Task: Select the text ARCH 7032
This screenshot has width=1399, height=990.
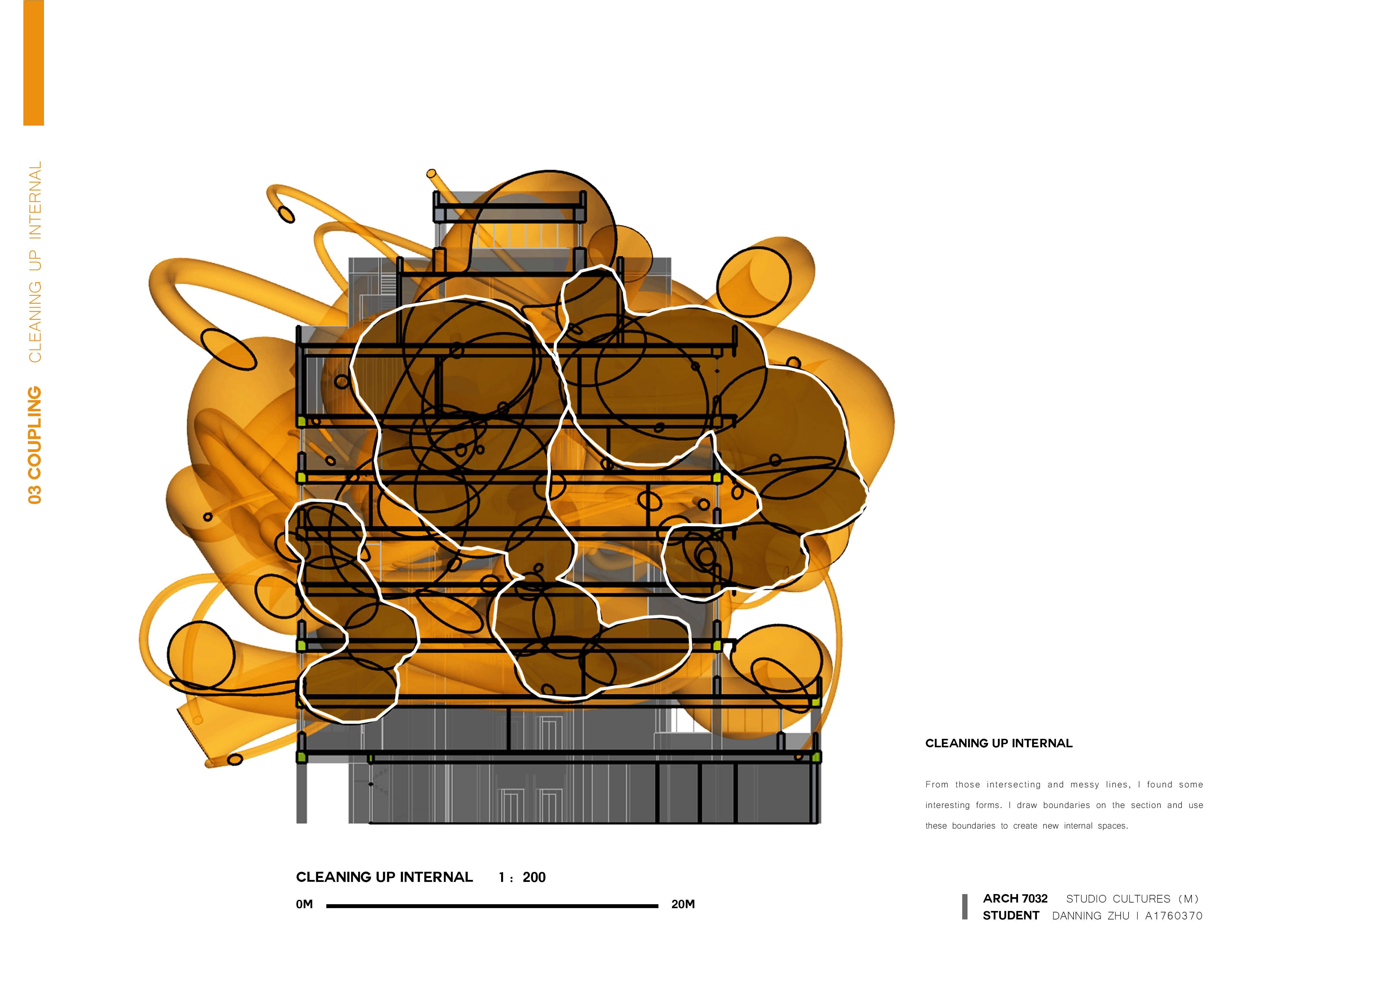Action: click(x=1015, y=899)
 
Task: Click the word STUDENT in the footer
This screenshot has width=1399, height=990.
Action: click(x=1010, y=915)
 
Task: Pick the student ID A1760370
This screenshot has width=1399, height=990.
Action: click(x=1174, y=915)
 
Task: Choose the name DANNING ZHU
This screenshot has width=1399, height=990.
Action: click(x=1090, y=915)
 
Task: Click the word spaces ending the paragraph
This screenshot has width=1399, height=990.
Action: click(x=1112, y=826)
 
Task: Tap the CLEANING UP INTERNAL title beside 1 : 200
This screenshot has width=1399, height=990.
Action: click(x=384, y=877)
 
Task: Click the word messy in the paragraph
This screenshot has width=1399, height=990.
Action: click(x=1085, y=785)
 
